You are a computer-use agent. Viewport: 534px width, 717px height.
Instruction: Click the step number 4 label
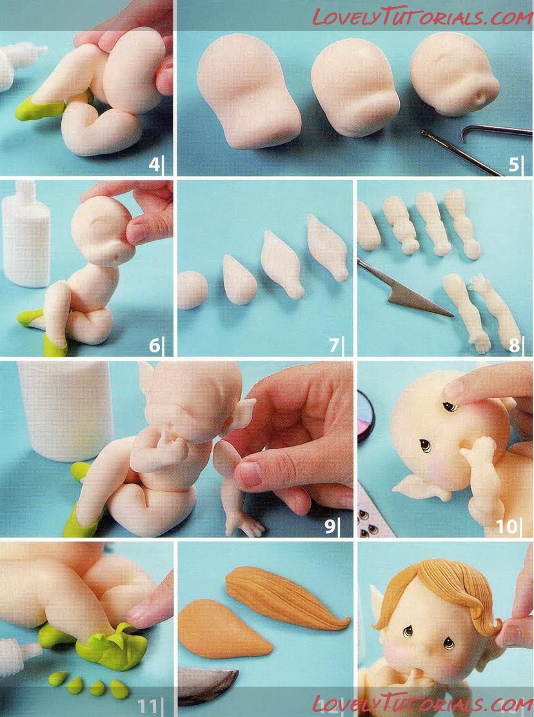pyautogui.click(x=154, y=164)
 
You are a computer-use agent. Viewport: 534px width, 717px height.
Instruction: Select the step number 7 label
pyautogui.click(x=334, y=345)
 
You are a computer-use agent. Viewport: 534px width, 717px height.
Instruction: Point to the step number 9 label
pyautogui.click(x=330, y=527)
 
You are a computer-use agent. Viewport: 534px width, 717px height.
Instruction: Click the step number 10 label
pyautogui.click(x=507, y=527)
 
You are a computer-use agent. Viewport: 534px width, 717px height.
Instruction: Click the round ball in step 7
pyautogui.click(x=192, y=290)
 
